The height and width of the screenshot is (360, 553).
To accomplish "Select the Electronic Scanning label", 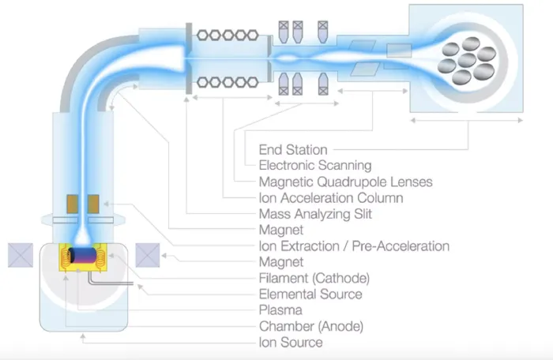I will pyautogui.click(x=314, y=165).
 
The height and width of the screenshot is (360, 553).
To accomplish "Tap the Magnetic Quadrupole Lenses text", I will pyautogui.click(x=334, y=182).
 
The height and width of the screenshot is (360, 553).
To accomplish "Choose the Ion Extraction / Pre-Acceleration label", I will pyautogui.click(x=354, y=246).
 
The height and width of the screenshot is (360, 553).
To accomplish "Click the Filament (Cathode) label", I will pyautogui.click(x=314, y=278).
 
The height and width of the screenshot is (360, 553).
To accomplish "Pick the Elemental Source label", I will pyautogui.click(x=310, y=294).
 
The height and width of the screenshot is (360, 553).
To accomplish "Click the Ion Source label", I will pyautogui.click(x=291, y=343).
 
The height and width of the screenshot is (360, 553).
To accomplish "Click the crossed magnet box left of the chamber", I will pyautogui.click(x=19, y=256).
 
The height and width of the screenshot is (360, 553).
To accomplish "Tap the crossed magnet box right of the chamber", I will pyautogui.click(x=148, y=256).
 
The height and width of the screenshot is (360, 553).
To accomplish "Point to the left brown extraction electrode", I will pyautogui.click(x=72, y=204).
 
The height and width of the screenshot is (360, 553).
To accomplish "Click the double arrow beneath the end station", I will pyautogui.click(x=465, y=120).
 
